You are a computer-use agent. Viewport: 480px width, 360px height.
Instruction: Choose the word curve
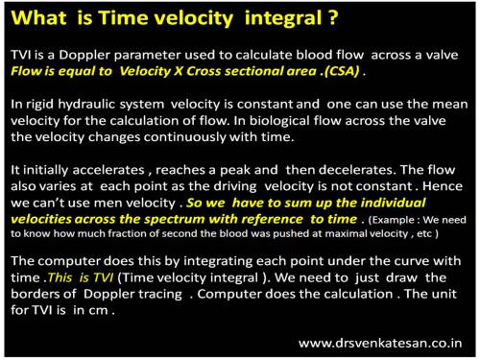pyautogui.click(x=383, y=258)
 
